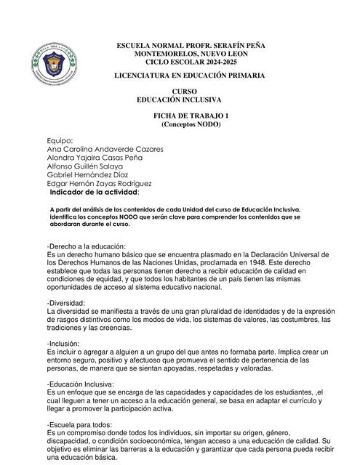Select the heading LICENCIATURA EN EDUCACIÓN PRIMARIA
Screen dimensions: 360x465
[x=191, y=76]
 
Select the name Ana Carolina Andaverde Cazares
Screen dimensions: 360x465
[x=105, y=149]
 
